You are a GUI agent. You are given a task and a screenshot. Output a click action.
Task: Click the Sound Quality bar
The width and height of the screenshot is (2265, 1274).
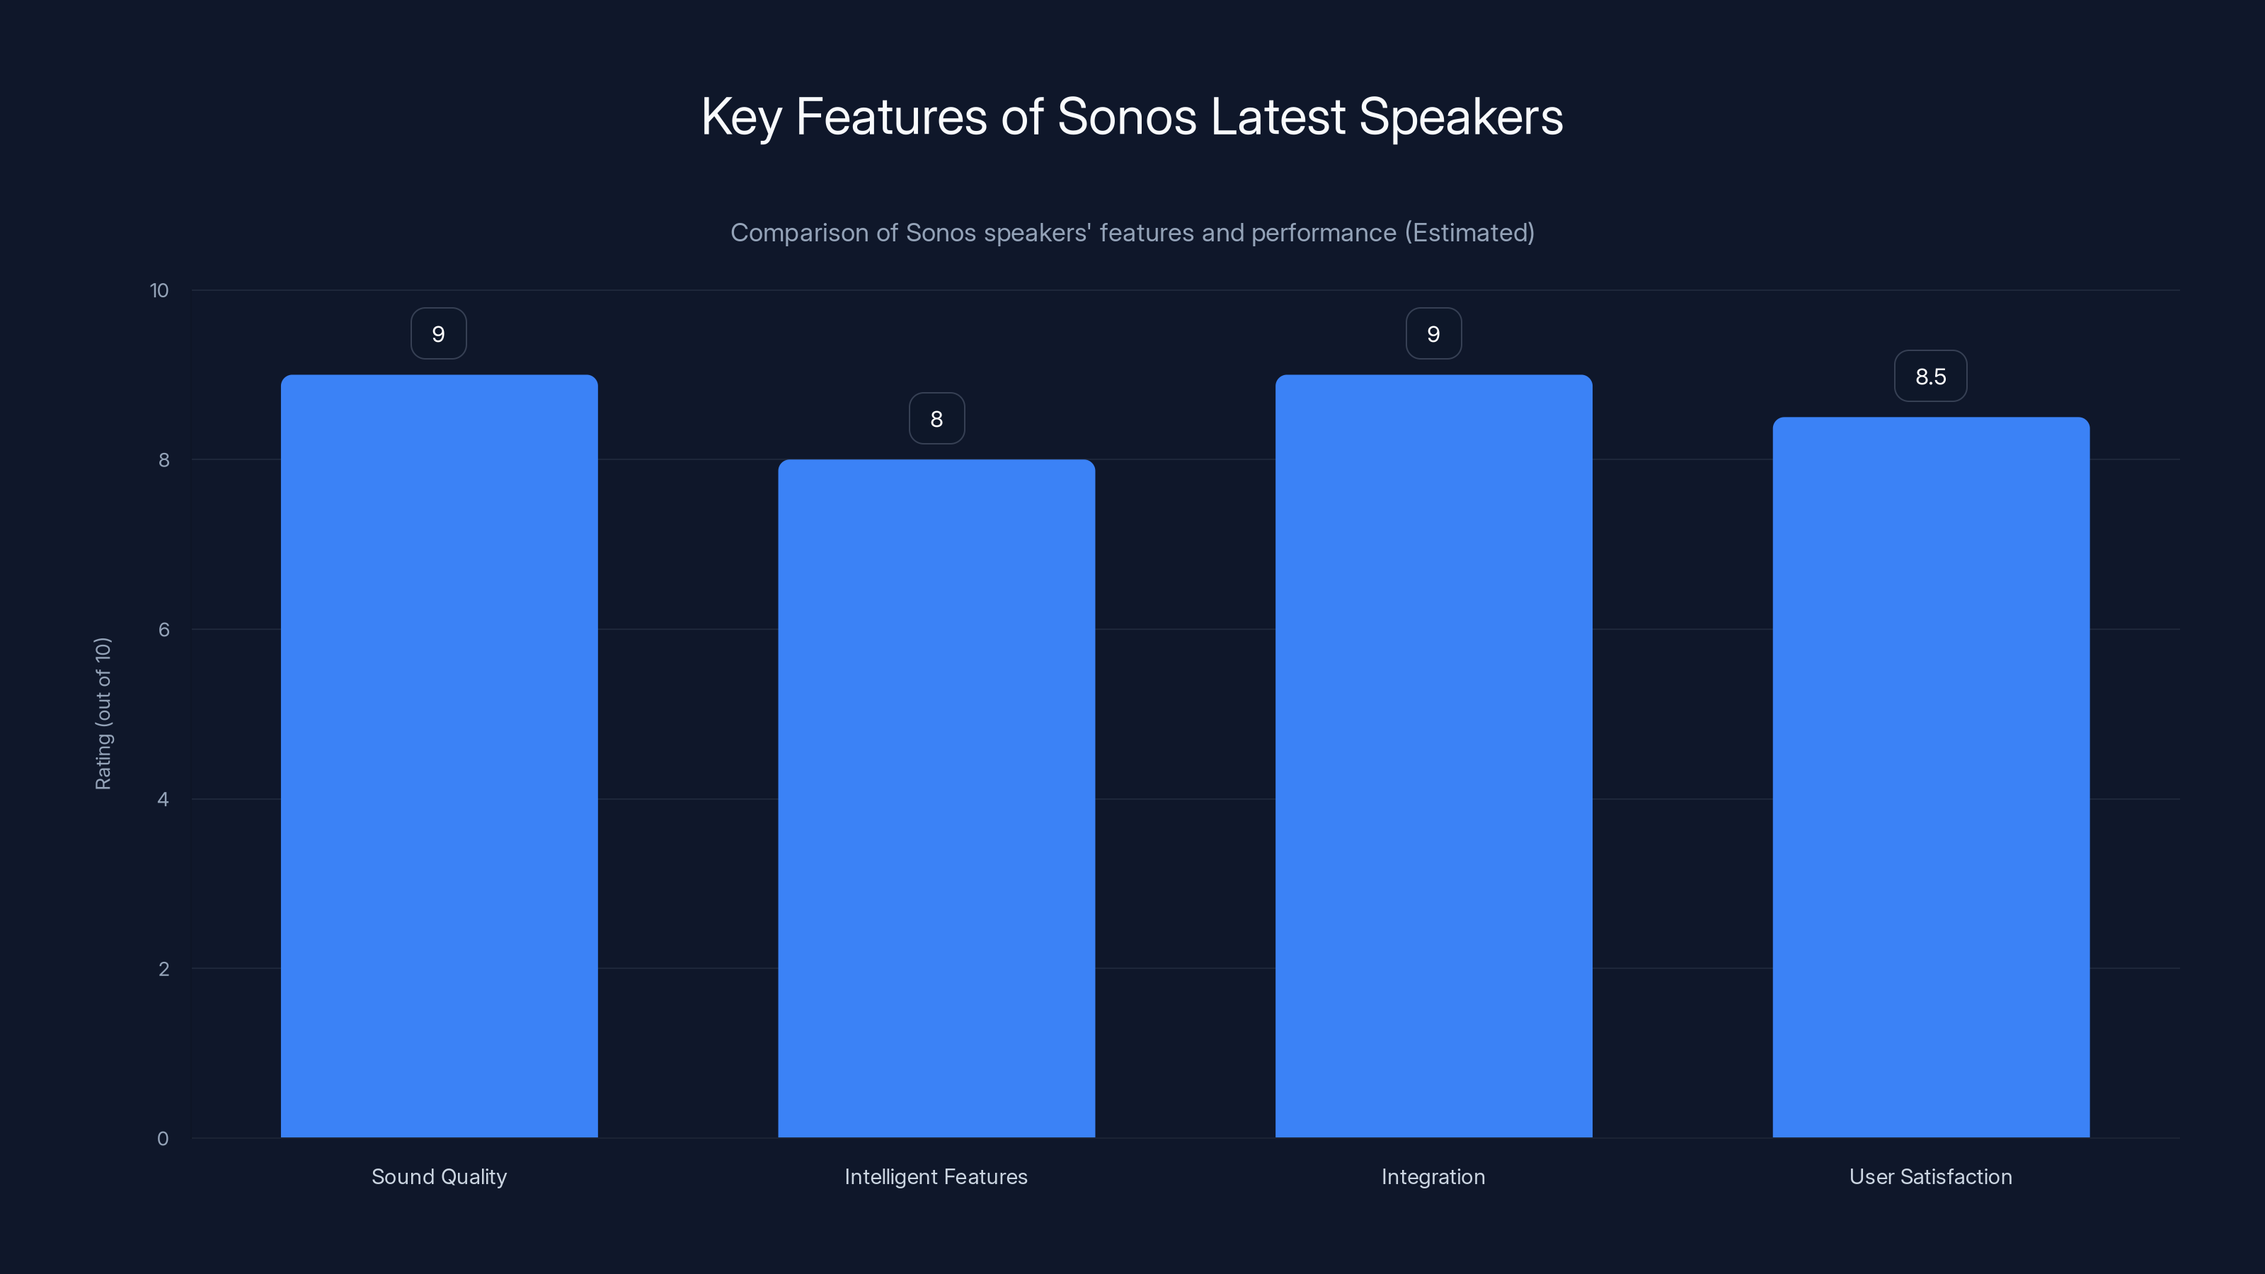click(439, 756)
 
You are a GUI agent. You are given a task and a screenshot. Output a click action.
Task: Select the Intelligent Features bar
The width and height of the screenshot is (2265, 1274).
click(936, 798)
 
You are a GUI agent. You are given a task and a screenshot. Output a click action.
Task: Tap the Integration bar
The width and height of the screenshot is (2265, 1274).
click(1433, 756)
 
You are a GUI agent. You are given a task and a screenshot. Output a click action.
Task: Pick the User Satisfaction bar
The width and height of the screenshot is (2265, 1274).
click(1930, 777)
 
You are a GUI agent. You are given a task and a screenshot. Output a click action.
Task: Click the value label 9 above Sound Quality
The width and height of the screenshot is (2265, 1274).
click(439, 334)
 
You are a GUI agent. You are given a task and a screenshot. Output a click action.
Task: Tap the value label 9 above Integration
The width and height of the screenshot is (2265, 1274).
click(1433, 334)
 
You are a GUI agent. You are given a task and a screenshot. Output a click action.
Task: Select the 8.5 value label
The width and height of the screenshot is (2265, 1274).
click(1930, 377)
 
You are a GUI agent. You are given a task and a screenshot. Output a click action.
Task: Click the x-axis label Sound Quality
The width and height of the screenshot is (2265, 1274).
click(439, 1176)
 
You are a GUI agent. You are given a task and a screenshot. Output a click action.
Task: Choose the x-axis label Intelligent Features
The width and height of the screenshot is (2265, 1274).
click(936, 1176)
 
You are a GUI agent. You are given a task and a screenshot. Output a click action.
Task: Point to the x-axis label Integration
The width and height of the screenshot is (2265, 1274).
click(1433, 1176)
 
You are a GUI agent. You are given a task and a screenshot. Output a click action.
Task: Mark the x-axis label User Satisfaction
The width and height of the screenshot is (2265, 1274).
click(1930, 1176)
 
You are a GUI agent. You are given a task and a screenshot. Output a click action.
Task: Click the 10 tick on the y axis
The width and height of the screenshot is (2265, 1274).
click(159, 291)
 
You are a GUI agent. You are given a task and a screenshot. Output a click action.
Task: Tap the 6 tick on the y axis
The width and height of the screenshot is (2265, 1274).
click(164, 629)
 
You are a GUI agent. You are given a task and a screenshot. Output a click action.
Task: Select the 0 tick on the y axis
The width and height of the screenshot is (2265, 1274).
click(163, 1139)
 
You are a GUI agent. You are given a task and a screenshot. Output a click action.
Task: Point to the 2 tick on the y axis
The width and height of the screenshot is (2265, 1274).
click(164, 969)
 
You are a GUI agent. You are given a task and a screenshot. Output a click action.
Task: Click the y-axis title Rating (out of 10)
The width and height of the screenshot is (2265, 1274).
click(103, 714)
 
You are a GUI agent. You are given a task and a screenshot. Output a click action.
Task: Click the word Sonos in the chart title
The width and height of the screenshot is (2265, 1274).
click(1126, 117)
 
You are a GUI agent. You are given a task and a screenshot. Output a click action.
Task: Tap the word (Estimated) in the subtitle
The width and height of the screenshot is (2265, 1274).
click(1469, 233)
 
